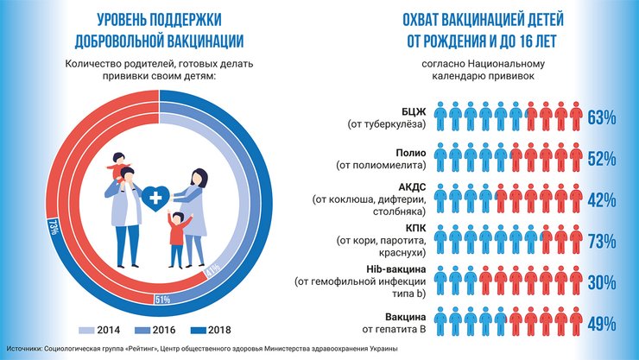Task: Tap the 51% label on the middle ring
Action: click(161, 299)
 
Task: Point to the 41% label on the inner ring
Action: click(210, 275)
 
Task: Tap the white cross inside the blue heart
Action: click(156, 199)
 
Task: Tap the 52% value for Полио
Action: click(600, 159)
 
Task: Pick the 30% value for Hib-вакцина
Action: click(600, 282)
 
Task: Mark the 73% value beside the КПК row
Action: click(600, 241)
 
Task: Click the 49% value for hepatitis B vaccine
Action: click(600, 324)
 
